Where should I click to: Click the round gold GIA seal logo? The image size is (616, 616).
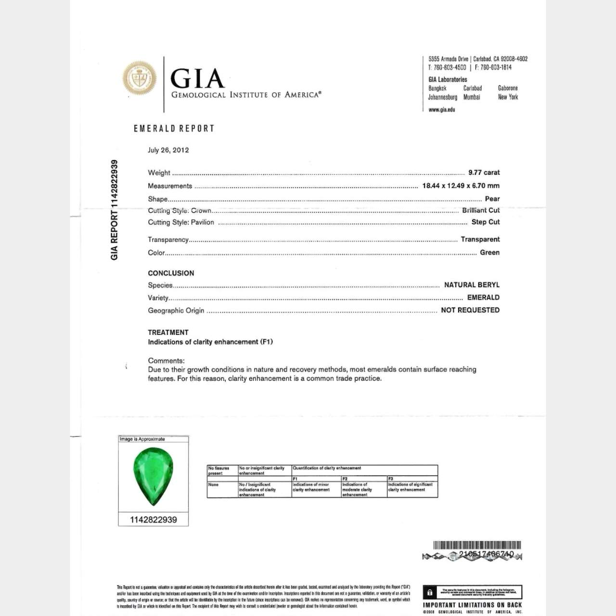[140, 78]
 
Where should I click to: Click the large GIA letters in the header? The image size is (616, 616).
[197, 78]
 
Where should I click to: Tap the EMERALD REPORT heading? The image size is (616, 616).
[174, 128]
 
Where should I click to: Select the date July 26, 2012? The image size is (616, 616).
[168, 150]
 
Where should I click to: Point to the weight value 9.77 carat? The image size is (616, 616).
[484, 172]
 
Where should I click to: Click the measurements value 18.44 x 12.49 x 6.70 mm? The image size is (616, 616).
[461, 186]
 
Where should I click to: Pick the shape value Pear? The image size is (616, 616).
[492, 199]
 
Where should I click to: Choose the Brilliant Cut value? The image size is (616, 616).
[480, 210]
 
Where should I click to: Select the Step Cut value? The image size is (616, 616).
[485, 222]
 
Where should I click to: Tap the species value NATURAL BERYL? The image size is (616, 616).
[472, 285]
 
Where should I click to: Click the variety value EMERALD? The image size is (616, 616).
[483, 297]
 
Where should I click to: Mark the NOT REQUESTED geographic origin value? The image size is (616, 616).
[470, 310]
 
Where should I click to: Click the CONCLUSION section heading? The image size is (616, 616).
[171, 273]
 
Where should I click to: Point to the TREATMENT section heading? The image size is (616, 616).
[168, 333]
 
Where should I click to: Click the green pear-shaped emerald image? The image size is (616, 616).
[153, 476]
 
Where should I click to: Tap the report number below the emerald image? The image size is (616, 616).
[153, 520]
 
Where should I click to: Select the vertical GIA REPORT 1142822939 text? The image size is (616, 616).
[114, 210]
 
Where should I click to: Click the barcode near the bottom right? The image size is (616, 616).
[477, 545]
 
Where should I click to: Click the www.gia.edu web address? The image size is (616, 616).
[441, 110]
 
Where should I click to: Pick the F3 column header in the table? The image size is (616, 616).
[391, 479]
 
